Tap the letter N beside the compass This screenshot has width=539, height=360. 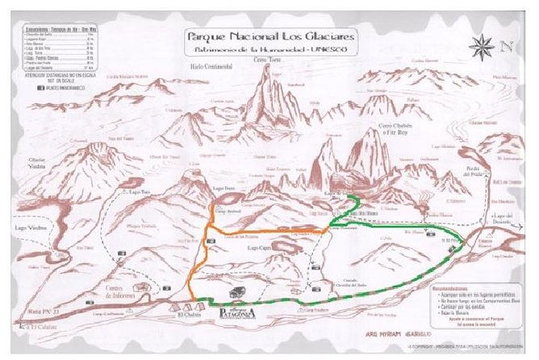coord(506,45)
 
